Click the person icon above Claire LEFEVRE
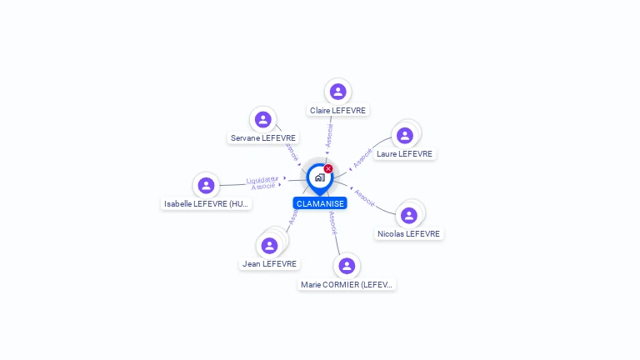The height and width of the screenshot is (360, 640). pos(337,91)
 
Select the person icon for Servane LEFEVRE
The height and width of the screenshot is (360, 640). pos(263,119)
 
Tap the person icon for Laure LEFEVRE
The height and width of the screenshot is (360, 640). pos(405,135)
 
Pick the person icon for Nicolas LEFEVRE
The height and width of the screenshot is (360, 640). pos(408,215)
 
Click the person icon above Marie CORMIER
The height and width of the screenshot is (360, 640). pos(347,265)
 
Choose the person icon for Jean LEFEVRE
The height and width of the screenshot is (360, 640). pos(269,245)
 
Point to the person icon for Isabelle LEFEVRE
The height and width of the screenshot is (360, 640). pos(206,185)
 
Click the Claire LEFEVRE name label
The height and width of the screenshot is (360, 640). pos(337,110)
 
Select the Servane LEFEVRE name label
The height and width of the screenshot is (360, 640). pos(263,137)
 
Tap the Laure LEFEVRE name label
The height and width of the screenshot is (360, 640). pos(404,153)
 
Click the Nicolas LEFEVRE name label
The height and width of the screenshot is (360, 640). pos(408,234)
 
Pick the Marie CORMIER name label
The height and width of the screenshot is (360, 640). pos(347,284)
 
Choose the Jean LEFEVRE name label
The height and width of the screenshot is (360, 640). pos(269,264)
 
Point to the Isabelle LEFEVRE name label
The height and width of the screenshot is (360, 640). pos(206,203)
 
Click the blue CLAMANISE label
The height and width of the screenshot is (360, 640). pos(320,203)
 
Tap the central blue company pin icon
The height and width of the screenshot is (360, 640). pos(318,177)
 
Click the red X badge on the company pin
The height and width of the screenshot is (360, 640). pos(328,168)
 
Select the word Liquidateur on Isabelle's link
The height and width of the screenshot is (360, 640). pos(262,179)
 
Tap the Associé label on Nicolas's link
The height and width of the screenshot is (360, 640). pos(364,197)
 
